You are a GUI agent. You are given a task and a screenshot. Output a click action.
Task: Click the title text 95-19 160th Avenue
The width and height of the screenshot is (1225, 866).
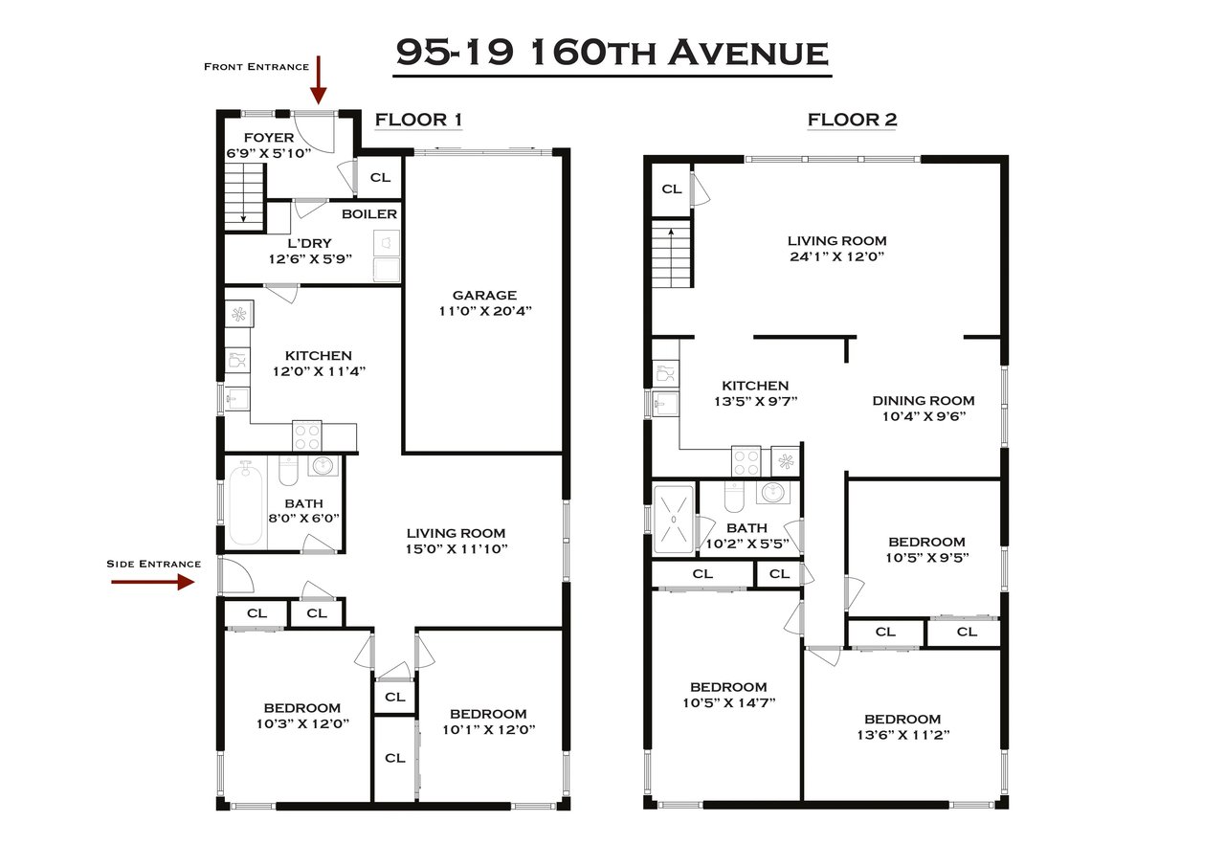[612, 53]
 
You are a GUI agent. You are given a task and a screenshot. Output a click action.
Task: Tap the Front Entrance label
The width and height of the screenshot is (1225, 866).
[256, 67]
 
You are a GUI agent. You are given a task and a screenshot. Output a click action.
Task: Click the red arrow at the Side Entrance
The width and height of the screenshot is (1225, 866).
[153, 582]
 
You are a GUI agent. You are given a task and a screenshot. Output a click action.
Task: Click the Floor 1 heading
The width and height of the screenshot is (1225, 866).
[418, 120]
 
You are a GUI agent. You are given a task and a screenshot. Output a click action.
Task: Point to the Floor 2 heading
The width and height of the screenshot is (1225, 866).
[852, 120]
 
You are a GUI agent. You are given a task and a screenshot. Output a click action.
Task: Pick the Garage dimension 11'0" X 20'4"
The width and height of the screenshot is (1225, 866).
[484, 311]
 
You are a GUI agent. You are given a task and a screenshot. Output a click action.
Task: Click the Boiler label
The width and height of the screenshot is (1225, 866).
[368, 213]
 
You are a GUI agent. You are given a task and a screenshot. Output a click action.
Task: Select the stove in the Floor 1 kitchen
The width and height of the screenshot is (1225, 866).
[306, 436]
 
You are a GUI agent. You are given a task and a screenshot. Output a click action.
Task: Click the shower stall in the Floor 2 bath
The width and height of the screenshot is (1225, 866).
[674, 519]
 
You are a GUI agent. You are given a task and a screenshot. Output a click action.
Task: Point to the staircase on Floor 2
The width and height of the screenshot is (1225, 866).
[672, 253]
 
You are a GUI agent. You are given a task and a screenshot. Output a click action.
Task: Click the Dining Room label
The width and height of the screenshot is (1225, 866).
[924, 401]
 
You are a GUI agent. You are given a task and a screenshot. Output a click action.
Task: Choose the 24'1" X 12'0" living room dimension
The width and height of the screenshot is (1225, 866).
[836, 257]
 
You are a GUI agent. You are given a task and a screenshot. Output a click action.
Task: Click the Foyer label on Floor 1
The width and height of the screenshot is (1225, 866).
[268, 138]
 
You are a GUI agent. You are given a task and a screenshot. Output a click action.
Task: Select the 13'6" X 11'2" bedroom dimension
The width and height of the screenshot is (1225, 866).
[902, 735]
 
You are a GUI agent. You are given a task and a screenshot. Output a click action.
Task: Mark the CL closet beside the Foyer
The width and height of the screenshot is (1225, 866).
[380, 178]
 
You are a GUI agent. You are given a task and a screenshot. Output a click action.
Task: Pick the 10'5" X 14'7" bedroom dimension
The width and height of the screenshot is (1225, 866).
[727, 702]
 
